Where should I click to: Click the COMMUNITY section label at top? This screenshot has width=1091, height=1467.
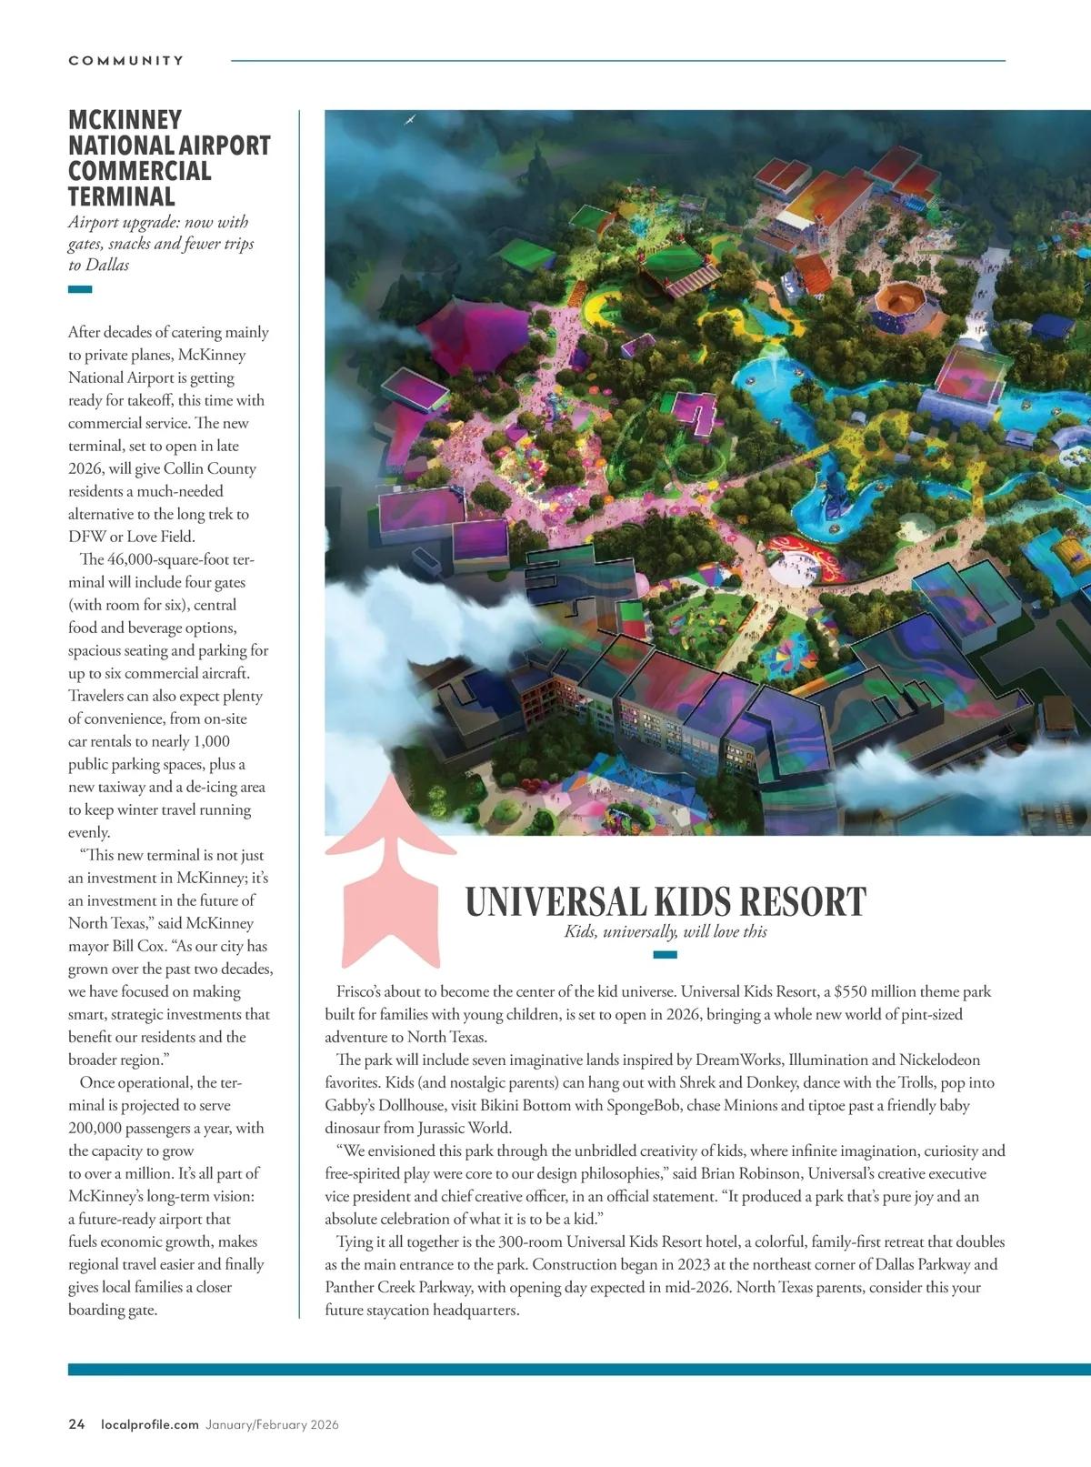tap(126, 61)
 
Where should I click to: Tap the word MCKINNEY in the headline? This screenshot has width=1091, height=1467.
tap(125, 120)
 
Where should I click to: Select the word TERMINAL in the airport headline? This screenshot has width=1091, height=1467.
tap(121, 196)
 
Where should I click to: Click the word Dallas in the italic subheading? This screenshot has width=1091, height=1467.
tap(107, 266)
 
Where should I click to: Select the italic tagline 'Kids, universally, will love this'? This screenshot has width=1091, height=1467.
tap(666, 931)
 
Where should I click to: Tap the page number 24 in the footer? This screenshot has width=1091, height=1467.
tap(76, 1424)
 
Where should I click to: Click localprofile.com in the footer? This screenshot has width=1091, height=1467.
tap(150, 1424)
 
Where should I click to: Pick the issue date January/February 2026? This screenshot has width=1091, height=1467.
tap(272, 1424)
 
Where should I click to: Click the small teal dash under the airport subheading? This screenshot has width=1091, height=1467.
tap(80, 290)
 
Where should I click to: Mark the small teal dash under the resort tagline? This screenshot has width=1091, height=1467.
tap(666, 955)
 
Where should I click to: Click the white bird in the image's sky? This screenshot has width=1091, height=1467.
tap(410, 119)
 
